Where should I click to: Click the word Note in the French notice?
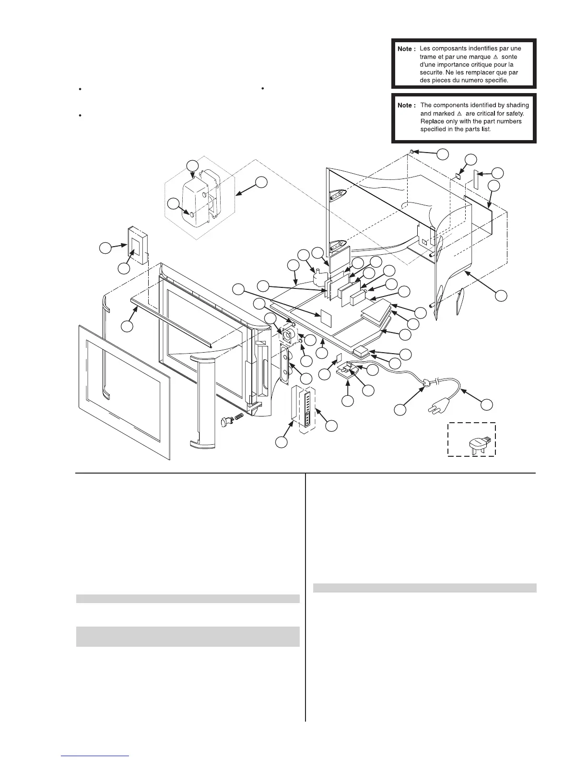(x=405, y=49)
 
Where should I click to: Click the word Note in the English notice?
(x=405, y=105)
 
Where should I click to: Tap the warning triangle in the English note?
(x=459, y=113)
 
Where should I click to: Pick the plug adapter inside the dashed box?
(x=478, y=446)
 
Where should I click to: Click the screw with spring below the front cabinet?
(x=230, y=420)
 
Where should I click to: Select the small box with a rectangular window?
(x=137, y=246)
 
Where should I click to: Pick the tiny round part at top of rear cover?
(x=411, y=152)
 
